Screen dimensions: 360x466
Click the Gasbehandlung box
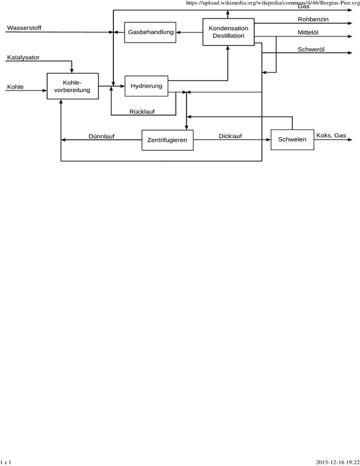(150, 32)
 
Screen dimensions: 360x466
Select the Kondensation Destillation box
(228, 32)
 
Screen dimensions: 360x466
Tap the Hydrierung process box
(146, 86)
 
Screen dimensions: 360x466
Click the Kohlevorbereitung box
(73, 86)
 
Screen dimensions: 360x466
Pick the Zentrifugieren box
(167, 140)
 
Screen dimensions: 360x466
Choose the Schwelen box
(292, 139)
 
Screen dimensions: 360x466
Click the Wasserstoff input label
(24, 28)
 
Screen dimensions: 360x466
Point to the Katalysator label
(23, 57)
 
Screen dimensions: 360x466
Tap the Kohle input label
(15, 87)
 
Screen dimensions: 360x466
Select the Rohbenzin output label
(313, 19)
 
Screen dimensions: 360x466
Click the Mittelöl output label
(308, 32)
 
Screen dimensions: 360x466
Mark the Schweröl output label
(311, 49)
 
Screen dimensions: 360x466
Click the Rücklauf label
(142, 112)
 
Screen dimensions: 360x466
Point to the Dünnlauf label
(101, 136)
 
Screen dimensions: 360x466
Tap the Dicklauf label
(230, 136)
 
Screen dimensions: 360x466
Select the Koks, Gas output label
(331, 135)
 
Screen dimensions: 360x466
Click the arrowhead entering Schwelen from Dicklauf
(269, 139)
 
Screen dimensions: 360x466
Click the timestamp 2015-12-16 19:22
(337, 462)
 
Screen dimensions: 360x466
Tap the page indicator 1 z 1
(6, 462)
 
